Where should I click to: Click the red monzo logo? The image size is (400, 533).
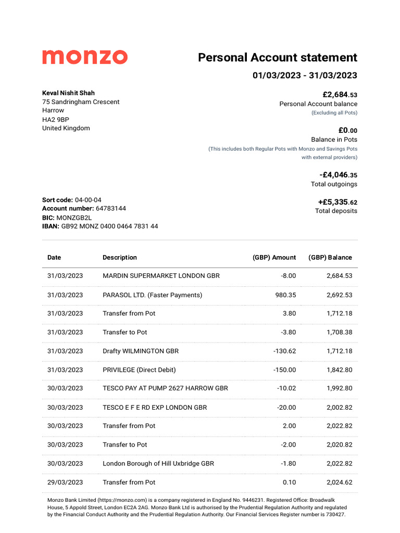(x=84, y=57)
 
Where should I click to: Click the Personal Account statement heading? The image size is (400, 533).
(x=277, y=57)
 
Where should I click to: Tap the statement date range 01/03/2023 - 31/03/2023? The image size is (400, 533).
(x=305, y=75)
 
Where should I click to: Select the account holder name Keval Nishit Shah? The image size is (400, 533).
(x=68, y=93)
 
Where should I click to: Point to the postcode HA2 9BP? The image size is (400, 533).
(x=55, y=119)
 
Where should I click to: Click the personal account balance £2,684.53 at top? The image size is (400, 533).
(x=340, y=95)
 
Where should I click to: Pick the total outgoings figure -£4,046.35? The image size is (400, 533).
(x=338, y=175)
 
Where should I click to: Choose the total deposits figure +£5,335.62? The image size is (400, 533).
(x=337, y=202)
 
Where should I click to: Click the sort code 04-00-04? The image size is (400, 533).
(x=88, y=200)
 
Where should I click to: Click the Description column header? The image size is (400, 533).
(x=120, y=258)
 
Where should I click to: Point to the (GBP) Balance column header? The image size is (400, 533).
(x=330, y=258)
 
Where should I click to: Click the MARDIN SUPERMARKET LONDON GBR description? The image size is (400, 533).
(x=161, y=276)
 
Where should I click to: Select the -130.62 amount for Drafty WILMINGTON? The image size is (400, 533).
(x=284, y=351)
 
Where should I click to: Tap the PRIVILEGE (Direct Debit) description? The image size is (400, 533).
(x=139, y=370)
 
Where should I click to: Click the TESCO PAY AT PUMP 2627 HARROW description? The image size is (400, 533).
(x=165, y=389)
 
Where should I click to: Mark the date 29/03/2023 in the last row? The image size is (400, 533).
(x=65, y=483)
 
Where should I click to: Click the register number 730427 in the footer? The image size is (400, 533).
(x=334, y=514)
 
